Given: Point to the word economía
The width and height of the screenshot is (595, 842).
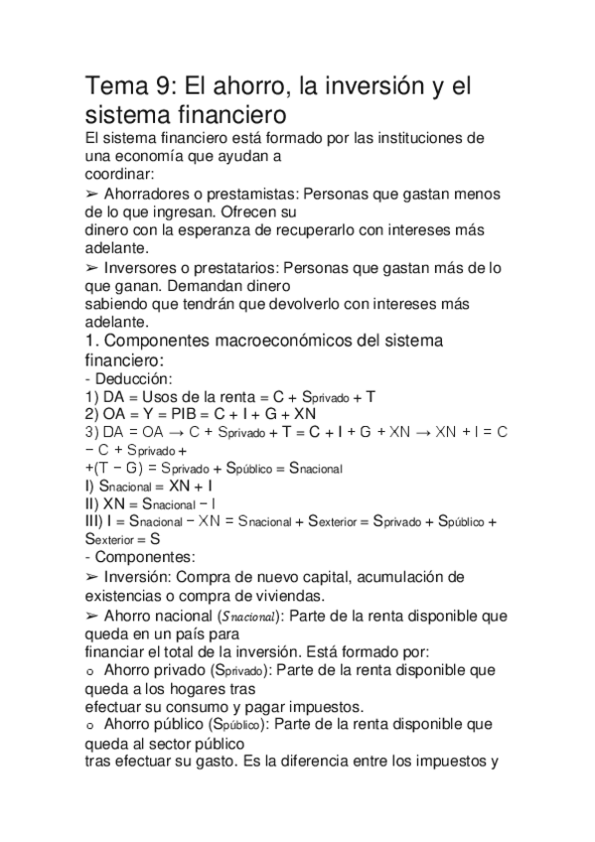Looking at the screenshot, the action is coord(153,156).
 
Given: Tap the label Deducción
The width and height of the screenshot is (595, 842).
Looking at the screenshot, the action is coord(136,378).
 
